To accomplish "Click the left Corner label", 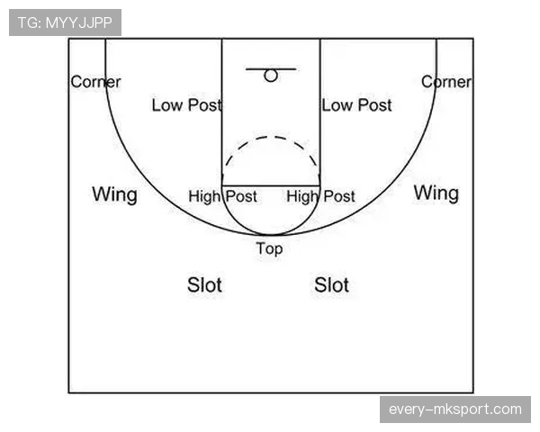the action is coord(95,82).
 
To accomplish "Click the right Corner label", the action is coord(446,82).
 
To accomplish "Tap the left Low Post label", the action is coord(186,105).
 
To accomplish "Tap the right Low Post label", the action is coord(356,105).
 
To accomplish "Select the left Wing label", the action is coord(114,195).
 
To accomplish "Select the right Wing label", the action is coord(436,193).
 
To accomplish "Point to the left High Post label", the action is coord(222,197).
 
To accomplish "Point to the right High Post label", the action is coord(320,197).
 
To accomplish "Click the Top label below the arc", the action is coord(270,248).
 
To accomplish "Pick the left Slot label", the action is coord(204,285).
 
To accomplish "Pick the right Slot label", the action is coord(331,285).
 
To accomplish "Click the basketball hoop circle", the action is coord(271,70).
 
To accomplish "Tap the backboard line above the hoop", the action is coord(271,69).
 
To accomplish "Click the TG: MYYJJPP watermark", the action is coord(65,22).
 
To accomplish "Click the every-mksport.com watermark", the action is coord(455,409).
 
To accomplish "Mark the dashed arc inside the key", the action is coord(271,137).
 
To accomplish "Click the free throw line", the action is coord(271,186).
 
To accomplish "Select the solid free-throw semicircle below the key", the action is coord(271,235).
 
